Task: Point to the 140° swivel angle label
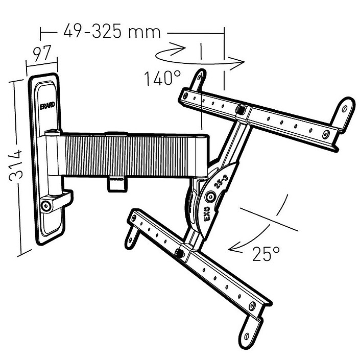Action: coord(162,79)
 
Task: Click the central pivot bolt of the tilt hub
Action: coord(210,196)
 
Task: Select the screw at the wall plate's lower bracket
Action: coord(46,206)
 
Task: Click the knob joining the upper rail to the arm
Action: coord(241,109)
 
